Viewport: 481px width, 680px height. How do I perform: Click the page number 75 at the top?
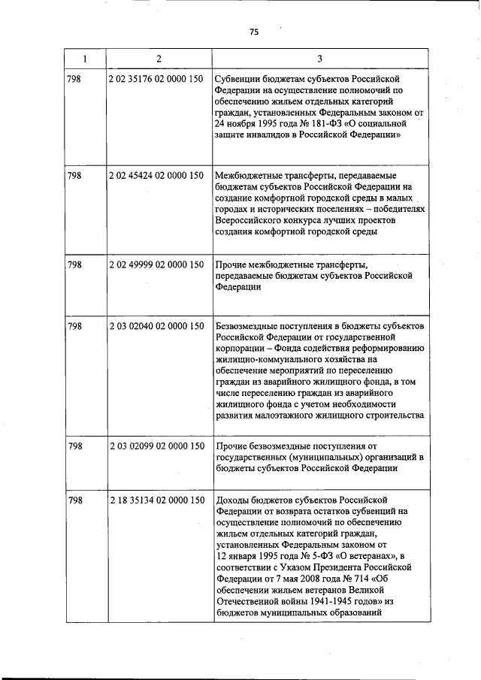pos(254,32)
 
